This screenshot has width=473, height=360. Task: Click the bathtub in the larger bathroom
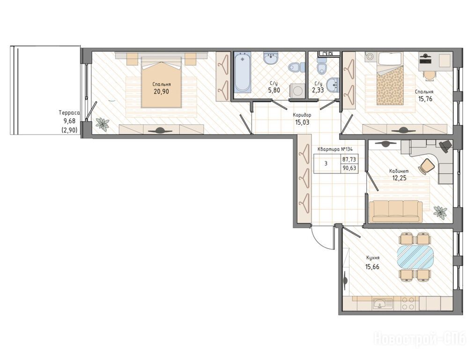click(243, 72)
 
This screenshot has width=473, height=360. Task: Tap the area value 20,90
click(162, 91)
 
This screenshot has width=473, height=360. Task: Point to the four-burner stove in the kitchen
click(408, 303)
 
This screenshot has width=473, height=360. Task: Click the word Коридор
click(302, 115)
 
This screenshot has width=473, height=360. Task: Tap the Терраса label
click(69, 113)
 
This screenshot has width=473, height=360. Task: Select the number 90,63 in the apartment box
click(349, 168)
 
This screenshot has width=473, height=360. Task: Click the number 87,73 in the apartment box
click(349, 159)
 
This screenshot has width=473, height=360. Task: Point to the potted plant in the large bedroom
click(103, 124)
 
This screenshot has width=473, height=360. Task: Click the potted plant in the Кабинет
click(440, 212)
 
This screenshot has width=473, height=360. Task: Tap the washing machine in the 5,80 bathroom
click(297, 90)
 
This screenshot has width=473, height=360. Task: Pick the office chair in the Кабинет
click(426, 166)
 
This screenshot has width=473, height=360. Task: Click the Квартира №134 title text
click(335, 149)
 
